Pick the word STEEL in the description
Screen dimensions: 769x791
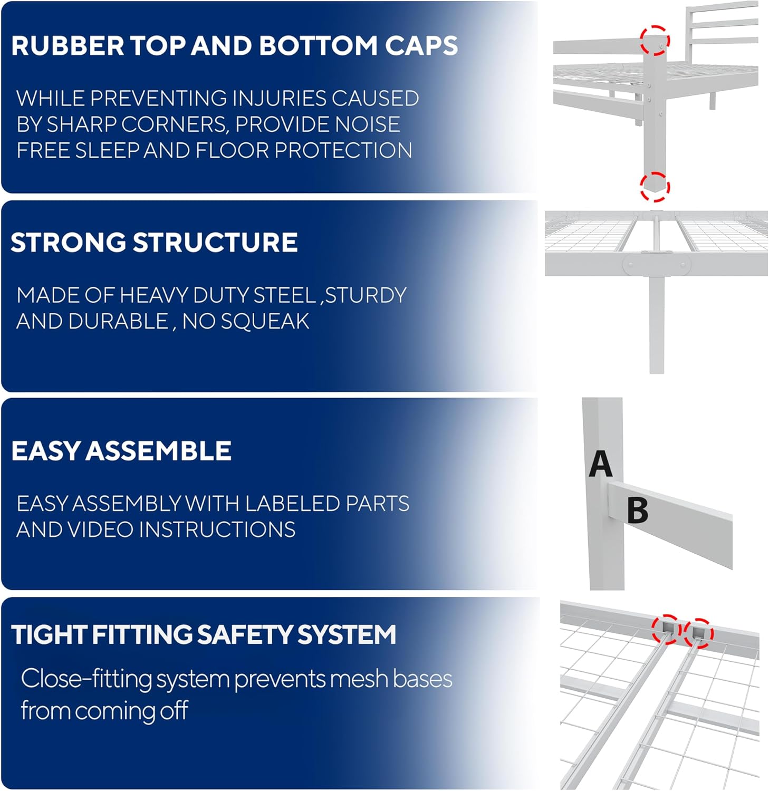(285, 295)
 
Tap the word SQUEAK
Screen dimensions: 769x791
(265, 321)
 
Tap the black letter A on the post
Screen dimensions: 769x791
(601, 464)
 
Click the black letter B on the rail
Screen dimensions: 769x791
(638, 510)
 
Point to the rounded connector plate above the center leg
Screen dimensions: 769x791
(657, 265)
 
